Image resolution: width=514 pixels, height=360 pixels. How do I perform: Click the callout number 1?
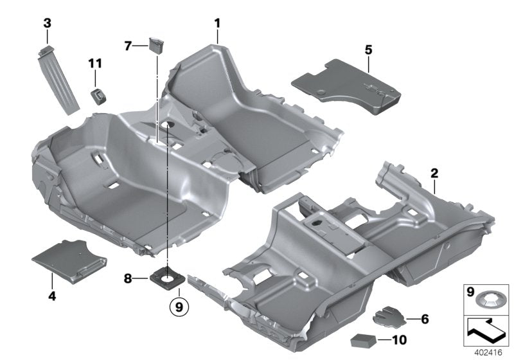tap(217, 24)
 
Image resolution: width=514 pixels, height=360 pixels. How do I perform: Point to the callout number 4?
tap(51, 296)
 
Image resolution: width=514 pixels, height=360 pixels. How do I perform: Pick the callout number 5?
tap(368, 49)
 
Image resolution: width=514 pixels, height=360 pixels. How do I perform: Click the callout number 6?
tap(425, 318)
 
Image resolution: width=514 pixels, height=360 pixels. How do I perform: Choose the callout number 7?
tap(128, 46)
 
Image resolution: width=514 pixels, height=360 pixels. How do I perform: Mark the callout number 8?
tap(127, 278)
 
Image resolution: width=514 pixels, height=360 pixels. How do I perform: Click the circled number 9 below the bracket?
tap(179, 307)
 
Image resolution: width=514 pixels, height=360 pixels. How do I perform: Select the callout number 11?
tap(95, 62)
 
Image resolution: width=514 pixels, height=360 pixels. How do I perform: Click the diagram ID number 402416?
tap(489, 352)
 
